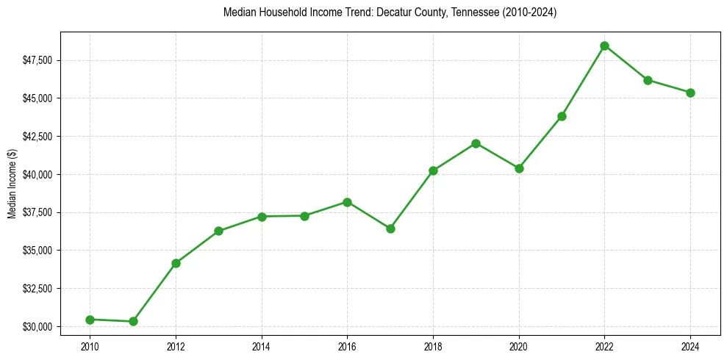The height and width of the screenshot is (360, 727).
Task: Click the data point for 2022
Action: tap(604, 46)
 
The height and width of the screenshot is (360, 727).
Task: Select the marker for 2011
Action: tap(133, 321)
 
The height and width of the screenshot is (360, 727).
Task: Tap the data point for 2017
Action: tap(390, 228)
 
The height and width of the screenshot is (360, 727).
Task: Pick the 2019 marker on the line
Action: tap(476, 143)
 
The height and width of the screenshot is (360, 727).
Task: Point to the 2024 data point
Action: tap(690, 93)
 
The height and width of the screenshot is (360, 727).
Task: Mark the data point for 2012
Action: tap(176, 263)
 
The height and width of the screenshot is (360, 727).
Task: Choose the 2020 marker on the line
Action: tap(519, 168)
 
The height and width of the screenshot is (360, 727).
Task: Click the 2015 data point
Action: tap(304, 216)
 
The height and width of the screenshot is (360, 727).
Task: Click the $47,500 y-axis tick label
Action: tap(38, 60)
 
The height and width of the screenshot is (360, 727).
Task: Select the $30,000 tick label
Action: tap(38, 326)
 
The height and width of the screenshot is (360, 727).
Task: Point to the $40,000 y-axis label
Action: tap(38, 174)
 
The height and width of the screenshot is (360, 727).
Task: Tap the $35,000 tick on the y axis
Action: tap(38, 251)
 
